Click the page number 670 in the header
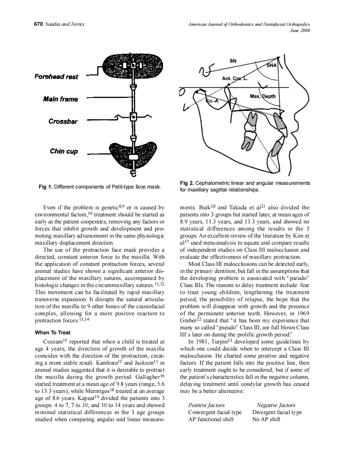38,24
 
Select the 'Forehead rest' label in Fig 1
56,76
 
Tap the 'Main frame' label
60,99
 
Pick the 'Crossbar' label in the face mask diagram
63,121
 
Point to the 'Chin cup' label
64,151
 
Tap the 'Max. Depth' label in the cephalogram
262,96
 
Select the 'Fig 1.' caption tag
45,187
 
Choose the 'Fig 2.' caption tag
187,183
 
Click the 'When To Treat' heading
52,333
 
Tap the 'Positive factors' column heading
206,405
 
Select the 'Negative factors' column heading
276,405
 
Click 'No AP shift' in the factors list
266,419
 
